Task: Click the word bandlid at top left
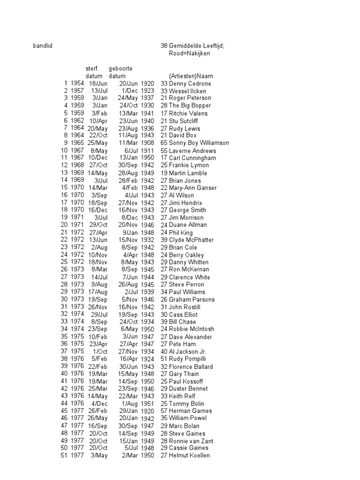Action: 43,46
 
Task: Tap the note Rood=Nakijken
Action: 189,53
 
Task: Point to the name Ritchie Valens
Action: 188,113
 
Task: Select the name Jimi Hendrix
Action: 186,203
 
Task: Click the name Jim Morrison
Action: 187,217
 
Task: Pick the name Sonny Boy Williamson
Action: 199,143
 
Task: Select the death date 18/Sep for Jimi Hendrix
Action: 97,203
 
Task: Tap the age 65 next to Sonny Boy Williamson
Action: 164,143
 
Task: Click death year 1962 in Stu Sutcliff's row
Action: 77,120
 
